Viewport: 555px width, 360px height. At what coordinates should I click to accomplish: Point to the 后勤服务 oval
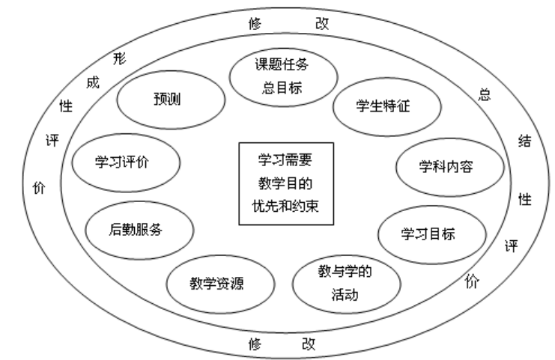136,228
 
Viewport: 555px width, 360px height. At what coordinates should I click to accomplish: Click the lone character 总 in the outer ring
485,95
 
